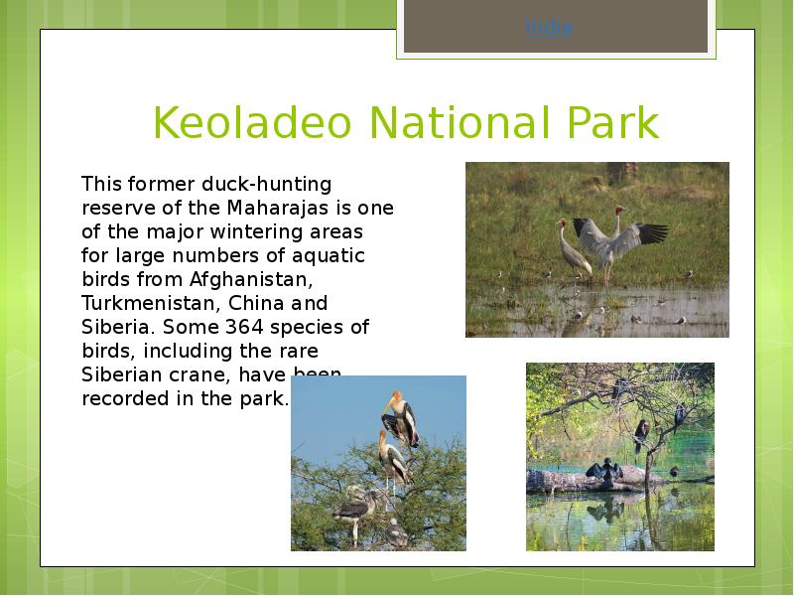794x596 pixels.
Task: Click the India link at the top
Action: [549, 28]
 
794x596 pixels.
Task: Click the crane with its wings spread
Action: [620, 238]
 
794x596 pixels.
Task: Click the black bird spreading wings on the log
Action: [603, 470]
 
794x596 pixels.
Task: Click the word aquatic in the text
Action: [331, 255]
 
